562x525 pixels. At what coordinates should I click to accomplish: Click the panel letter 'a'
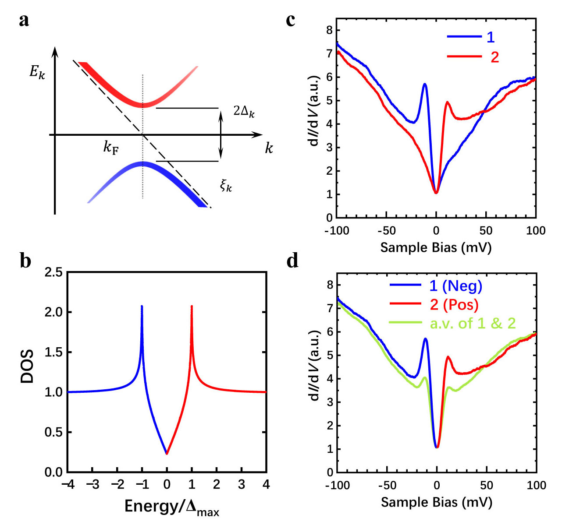coord(24,21)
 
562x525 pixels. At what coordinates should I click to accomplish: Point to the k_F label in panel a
coord(110,148)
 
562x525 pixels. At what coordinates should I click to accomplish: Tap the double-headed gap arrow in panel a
coord(221,135)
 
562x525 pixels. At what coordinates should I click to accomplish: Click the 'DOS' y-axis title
coord(27,366)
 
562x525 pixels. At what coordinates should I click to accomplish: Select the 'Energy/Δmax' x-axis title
coord(172,506)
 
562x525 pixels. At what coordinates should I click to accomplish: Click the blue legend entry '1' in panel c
coord(491,37)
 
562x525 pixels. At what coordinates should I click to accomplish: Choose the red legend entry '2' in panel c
coord(494,57)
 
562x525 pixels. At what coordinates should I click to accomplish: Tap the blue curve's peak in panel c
coord(425,84)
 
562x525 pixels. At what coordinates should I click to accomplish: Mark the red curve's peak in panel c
coord(448,102)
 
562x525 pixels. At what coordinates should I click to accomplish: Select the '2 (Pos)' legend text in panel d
coord(454,304)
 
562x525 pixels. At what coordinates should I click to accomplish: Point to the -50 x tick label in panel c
coord(387,231)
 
